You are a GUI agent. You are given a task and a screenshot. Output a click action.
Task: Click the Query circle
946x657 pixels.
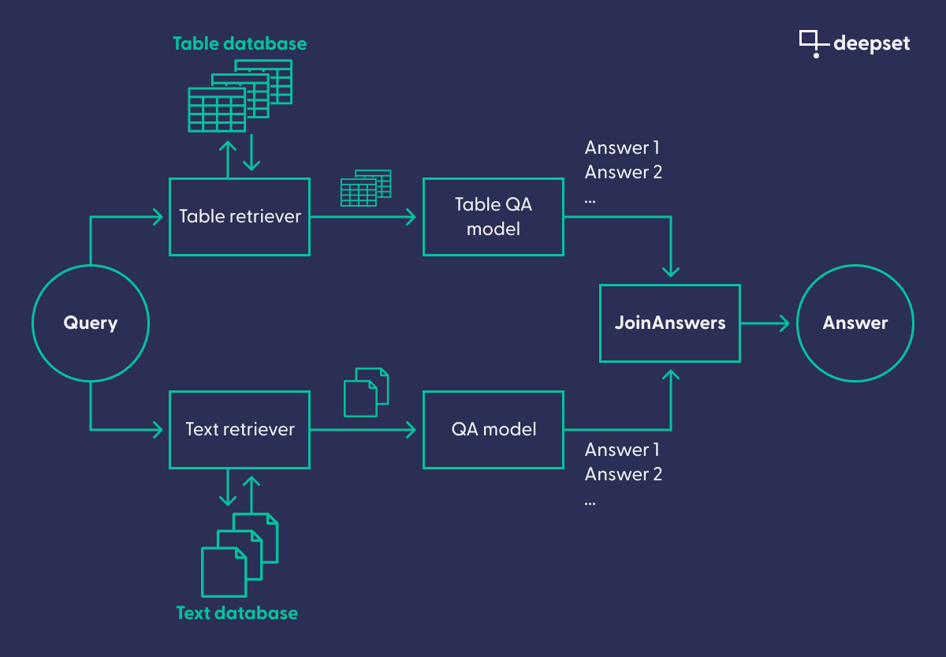pyautogui.click(x=90, y=323)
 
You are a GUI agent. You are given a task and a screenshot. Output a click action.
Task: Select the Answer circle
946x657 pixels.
pyautogui.click(x=855, y=323)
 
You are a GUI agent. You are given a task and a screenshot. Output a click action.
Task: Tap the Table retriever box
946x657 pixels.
pyautogui.click(x=240, y=216)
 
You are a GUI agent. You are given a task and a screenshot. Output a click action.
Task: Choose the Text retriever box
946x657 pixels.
pyautogui.click(x=240, y=429)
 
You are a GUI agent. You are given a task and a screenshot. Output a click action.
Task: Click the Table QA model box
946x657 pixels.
pyautogui.click(x=493, y=216)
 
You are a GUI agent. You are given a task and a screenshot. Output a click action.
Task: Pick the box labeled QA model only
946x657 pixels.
pyautogui.click(x=493, y=429)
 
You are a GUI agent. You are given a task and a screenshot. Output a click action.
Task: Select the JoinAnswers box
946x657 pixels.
pyautogui.click(x=670, y=323)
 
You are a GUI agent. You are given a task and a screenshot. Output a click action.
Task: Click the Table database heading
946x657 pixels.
pyautogui.click(x=240, y=43)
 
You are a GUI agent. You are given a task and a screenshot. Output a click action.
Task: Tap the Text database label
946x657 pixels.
pyautogui.click(x=237, y=613)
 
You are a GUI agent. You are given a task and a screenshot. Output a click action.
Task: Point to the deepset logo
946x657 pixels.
pyautogui.click(x=855, y=43)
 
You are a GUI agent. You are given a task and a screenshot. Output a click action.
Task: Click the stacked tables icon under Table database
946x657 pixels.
pyautogui.click(x=240, y=95)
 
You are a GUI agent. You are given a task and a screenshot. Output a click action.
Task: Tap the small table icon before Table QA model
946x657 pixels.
pyautogui.click(x=365, y=188)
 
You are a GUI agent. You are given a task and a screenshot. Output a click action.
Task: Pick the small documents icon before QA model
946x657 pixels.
pyautogui.click(x=367, y=391)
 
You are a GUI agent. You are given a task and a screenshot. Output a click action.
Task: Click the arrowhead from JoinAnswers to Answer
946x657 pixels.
pyautogui.click(x=783, y=323)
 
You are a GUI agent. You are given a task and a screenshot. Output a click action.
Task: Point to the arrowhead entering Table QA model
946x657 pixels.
pyautogui.click(x=410, y=216)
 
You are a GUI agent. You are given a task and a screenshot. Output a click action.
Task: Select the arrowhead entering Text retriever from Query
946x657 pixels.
pyautogui.click(x=157, y=429)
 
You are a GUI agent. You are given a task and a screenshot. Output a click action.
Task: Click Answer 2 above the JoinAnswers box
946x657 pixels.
pyautogui.click(x=623, y=172)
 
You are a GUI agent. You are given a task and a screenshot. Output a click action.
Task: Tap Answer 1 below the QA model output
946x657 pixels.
pyautogui.click(x=622, y=450)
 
